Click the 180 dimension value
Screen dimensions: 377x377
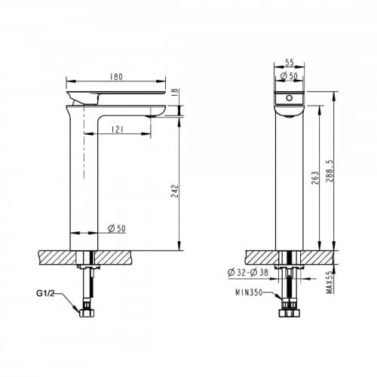tap(116, 76)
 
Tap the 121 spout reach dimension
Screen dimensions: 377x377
tap(118, 130)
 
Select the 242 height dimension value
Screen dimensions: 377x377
tap(175, 191)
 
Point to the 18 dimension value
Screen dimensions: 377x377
tap(176, 91)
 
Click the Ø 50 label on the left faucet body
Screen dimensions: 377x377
tap(117, 228)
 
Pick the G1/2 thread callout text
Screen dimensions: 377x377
tap(45, 293)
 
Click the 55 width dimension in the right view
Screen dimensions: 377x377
tap(290, 63)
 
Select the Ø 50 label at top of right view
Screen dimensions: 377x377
tap(289, 75)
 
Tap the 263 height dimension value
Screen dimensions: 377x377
tap(315, 177)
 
